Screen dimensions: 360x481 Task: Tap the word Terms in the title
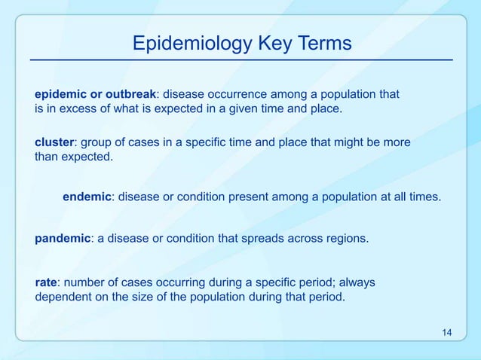[323, 43]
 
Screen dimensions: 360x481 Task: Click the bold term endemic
[87, 197]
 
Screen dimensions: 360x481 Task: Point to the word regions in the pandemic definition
[347, 239]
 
